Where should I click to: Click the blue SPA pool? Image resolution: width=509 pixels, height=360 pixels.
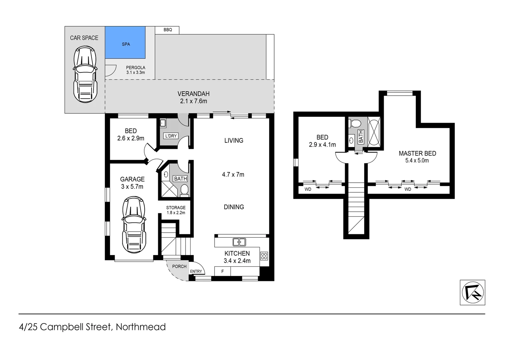point(125,43)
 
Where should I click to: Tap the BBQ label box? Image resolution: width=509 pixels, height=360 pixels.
point(168,30)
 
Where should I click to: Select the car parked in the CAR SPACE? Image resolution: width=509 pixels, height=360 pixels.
point(85,74)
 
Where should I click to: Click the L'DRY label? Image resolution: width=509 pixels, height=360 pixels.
point(171,136)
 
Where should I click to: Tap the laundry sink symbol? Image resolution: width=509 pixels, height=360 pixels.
point(163,123)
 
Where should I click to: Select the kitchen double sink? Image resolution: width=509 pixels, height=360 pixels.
point(239,242)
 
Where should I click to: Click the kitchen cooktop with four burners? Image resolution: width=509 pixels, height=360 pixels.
point(264,256)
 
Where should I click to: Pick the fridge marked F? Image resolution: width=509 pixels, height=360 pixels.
point(223,271)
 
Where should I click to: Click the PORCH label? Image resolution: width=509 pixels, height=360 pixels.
point(179,266)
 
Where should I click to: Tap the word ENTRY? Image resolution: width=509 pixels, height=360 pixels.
point(196,271)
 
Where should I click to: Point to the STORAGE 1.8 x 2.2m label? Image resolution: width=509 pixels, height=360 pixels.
point(176,210)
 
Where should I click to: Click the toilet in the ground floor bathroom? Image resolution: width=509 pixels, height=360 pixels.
point(184,191)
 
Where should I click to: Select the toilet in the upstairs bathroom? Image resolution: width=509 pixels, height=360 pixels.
point(355,124)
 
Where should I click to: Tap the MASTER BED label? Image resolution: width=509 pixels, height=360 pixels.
point(417,153)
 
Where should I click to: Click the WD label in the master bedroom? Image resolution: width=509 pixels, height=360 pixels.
point(408,189)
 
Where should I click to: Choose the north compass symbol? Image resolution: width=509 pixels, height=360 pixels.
point(472,292)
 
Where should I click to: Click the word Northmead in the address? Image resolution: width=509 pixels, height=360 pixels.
point(141,327)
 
